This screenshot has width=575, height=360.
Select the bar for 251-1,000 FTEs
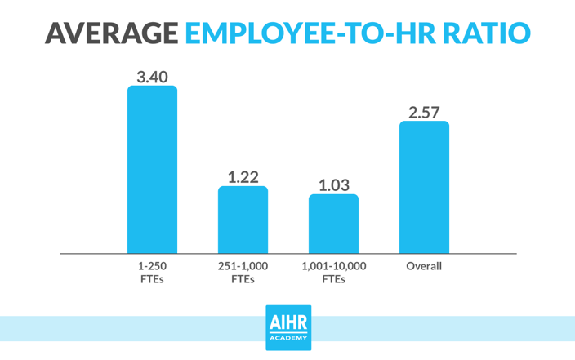(243, 220)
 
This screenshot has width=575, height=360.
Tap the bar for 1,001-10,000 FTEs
(333, 224)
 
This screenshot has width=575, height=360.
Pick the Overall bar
(424, 187)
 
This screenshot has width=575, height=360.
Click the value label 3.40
(152, 77)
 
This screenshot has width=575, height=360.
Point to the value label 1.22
(243, 176)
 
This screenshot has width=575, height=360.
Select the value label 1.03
(334, 184)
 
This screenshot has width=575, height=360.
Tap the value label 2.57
(425, 112)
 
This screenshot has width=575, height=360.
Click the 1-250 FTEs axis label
(152, 273)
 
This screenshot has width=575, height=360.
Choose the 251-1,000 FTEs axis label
(243, 273)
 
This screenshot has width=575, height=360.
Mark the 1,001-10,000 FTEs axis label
(333, 273)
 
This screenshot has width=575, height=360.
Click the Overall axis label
(424, 266)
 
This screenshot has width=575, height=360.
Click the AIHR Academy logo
(287, 327)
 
